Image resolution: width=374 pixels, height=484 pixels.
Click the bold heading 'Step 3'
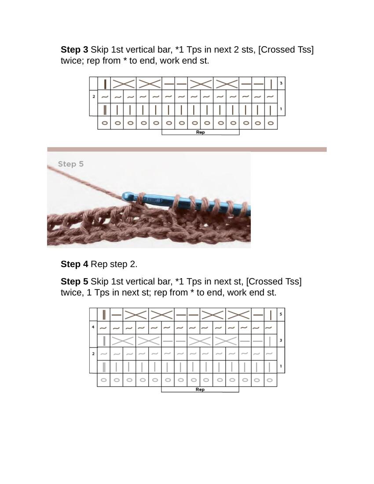[74, 50]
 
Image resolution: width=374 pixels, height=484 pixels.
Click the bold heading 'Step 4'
[74, 264]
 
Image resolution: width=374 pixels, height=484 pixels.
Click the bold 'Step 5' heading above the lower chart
[74, 282]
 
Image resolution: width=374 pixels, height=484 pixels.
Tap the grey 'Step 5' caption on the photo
[71, 164]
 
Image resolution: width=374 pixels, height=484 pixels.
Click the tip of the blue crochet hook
[123, 196]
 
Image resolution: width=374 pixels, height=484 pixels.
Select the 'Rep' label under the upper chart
[200, 132]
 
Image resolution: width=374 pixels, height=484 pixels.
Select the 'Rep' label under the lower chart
[200, 389]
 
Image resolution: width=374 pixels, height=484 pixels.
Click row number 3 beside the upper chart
[281, 83]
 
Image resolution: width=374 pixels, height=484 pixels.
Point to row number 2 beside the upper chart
[94, 97]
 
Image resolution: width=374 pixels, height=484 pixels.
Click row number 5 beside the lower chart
[281, 314]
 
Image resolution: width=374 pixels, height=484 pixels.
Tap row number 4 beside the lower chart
[93, 327]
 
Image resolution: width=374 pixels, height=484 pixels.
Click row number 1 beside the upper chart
[281, 109]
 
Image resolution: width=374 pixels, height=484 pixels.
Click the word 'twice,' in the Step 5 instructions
[73, 293]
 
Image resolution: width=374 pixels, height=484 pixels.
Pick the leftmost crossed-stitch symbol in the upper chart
[124, 84]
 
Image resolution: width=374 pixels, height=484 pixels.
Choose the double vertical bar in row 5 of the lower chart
[104, 315]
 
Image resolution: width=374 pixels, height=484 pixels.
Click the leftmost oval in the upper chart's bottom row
[105, 123]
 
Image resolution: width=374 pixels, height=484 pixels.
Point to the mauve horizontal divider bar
[187, 150]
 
